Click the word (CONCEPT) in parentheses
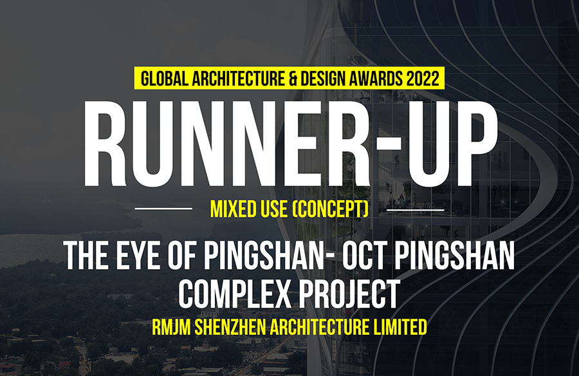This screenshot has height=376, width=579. point(330,209)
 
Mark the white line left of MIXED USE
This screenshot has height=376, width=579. point(163,209)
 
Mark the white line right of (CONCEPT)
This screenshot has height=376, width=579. point(415,210)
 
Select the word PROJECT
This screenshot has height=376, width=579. point(350,294)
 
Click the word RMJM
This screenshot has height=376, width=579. point(171,327)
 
